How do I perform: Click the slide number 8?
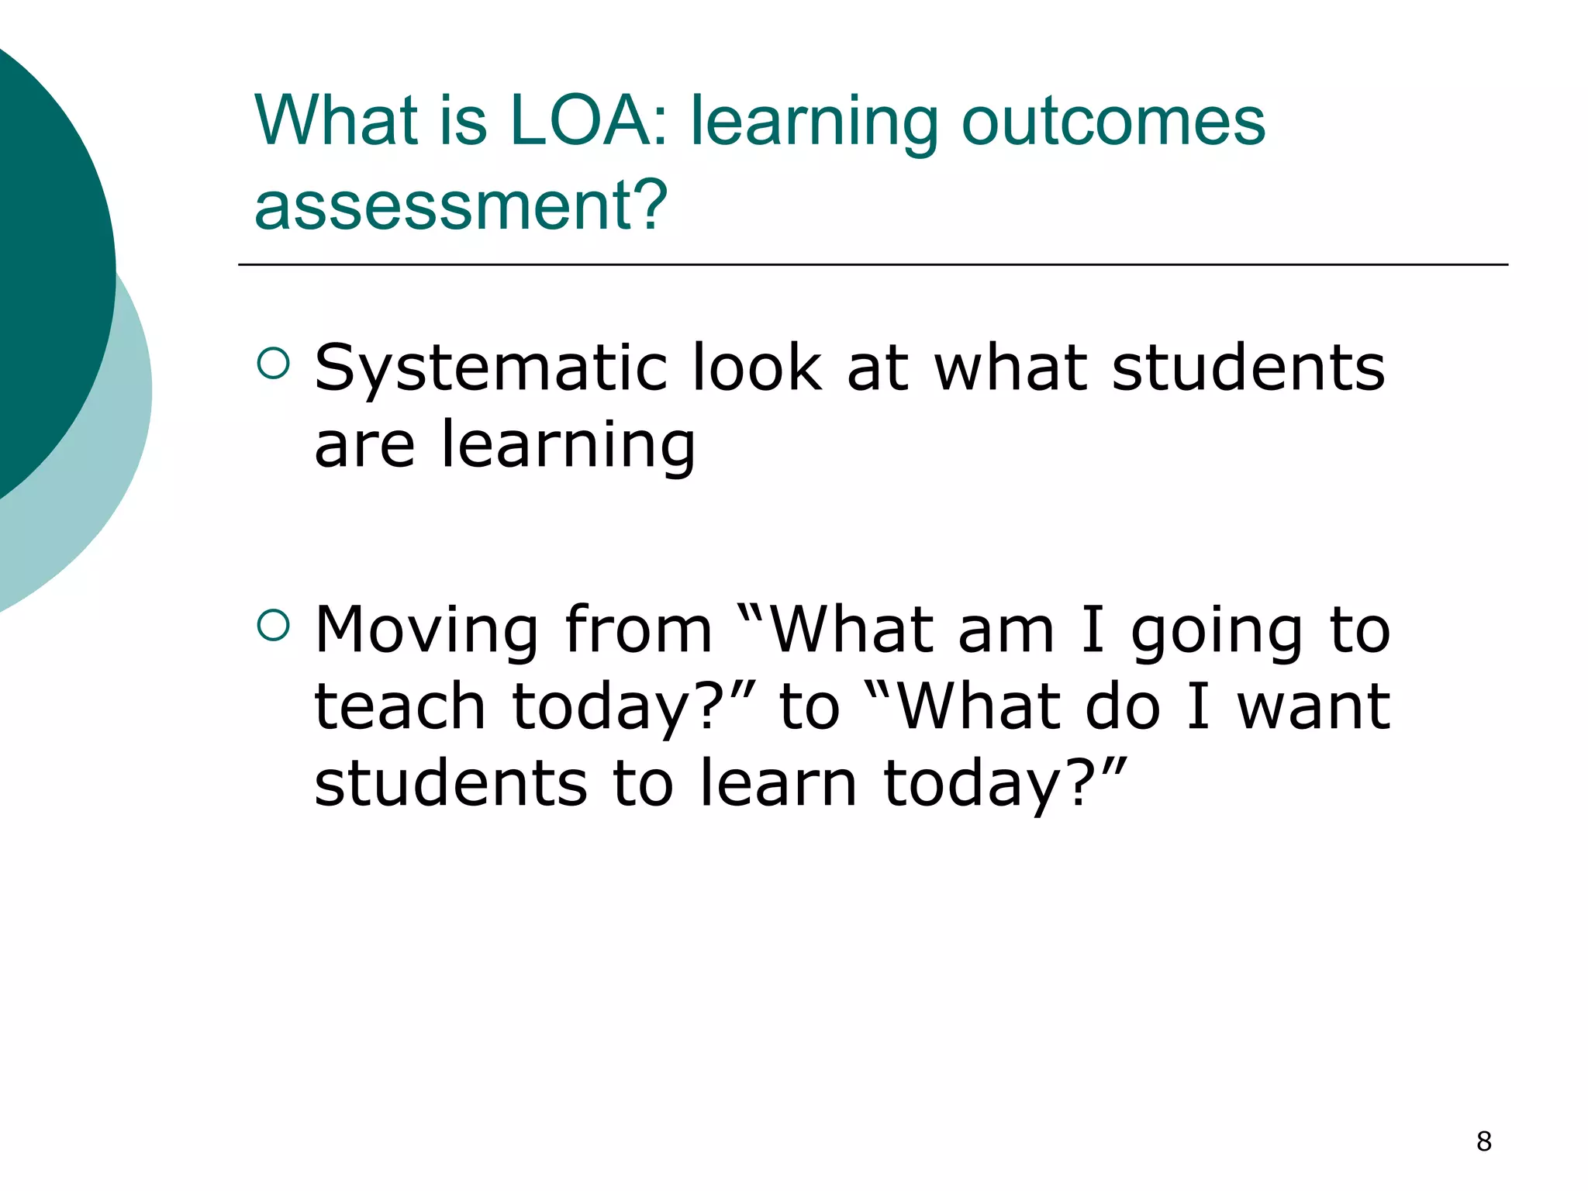point(1483,1141)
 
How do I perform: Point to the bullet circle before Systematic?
point(272,363)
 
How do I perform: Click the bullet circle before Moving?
point(272,625)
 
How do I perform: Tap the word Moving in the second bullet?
point(426,630)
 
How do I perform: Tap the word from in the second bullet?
point(637,630)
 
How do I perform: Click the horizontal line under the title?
point(872,265)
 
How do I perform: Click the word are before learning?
point(364,445)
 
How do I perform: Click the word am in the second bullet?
point(1006,630)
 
